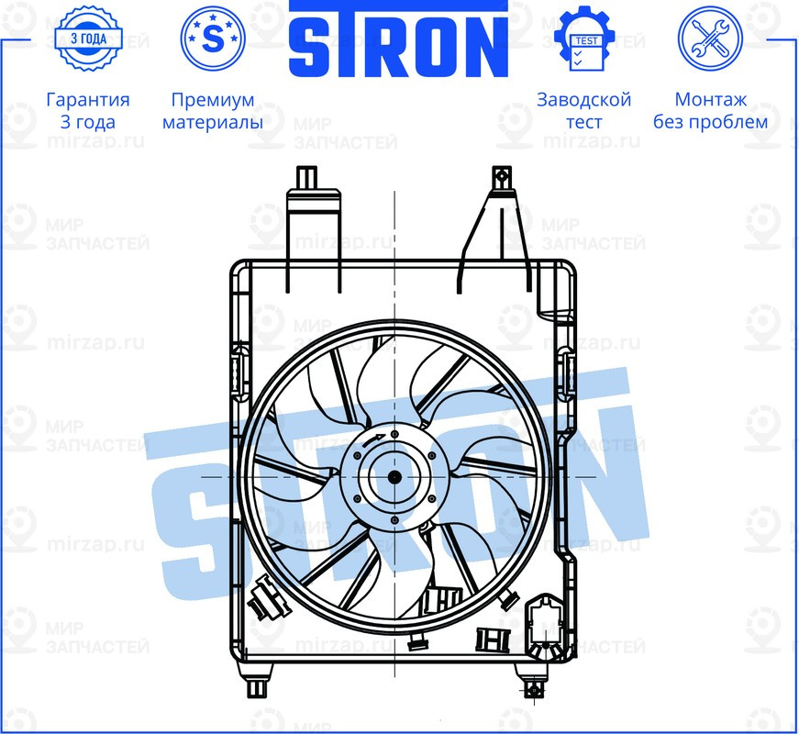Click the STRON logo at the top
pyautogui.click(x=398, y=41)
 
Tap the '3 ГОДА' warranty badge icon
pyautogui.click(x=88, y=39)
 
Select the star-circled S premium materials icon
pyautogui.click(x=212, y=39)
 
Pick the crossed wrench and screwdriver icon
pyautogui.click(x=709, y=39)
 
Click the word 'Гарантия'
pyautogui.click(x=88, y=100)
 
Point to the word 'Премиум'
pyautogui.click(x=212, y=100)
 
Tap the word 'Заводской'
pyautogui.click(x=583, y=100)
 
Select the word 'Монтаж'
pyautogui.click(x=710, y=100)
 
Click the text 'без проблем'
pyautogui.click(x=710, y=122)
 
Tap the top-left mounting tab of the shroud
pyautogui.click(x=305, y=179)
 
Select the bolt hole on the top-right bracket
pyautogui.click(x=500, y=175)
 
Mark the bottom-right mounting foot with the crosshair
pyautogui.click(x=533, y=687)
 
